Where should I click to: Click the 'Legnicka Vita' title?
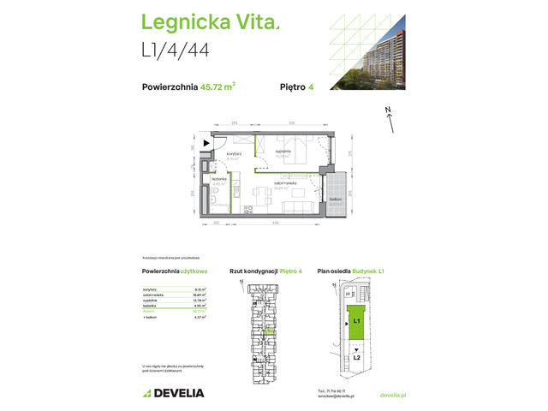pos(209,23)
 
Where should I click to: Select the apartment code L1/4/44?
pos(176,51)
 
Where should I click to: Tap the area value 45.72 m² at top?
pos(217,85)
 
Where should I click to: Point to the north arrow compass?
pos(390,119)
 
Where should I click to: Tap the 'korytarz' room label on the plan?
pos(234,154)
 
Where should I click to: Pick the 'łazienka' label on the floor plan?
pos(218,180)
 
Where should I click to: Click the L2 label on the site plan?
pos(356,355)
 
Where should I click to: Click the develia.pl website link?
pos(392,395)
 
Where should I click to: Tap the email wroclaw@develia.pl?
pos(333,397)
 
